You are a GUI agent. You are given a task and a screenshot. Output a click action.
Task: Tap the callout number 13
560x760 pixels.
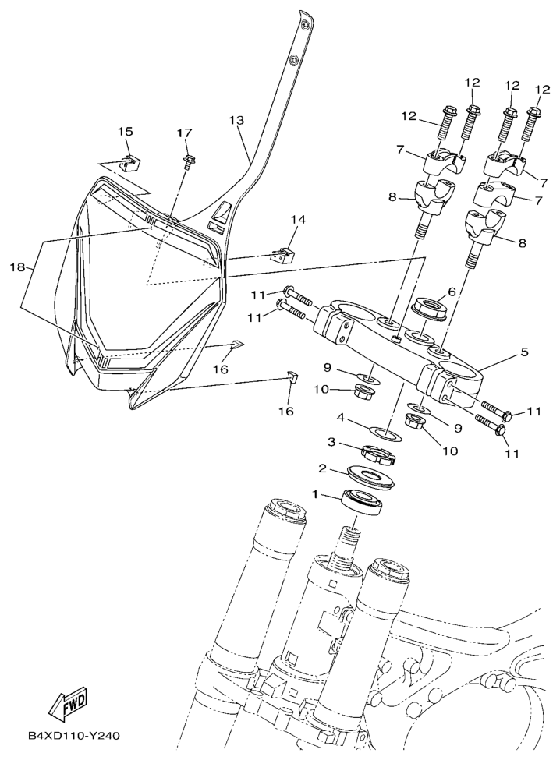pos(236,120)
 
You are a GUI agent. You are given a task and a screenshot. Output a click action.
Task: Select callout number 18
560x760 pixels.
pos(17,267)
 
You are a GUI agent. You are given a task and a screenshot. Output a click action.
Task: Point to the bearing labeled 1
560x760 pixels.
pos(363,503)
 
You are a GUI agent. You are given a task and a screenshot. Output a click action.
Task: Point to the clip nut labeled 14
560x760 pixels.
pos(285,254)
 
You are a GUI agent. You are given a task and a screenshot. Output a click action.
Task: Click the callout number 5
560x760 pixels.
pos(524,352)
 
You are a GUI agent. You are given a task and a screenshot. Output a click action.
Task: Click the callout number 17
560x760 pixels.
pos(184,133)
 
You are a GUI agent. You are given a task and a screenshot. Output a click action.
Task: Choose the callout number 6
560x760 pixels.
pos(452,292)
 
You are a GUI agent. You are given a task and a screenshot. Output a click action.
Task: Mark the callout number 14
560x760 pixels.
pos(298,220)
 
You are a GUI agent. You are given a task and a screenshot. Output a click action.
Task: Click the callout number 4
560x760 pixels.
pos(342,417)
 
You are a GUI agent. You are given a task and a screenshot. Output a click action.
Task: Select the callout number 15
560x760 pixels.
pos(125,132)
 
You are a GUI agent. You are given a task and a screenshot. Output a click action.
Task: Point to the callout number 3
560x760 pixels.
pos(331,442)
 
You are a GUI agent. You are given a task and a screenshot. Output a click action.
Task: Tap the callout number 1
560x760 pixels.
pos(314,494)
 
